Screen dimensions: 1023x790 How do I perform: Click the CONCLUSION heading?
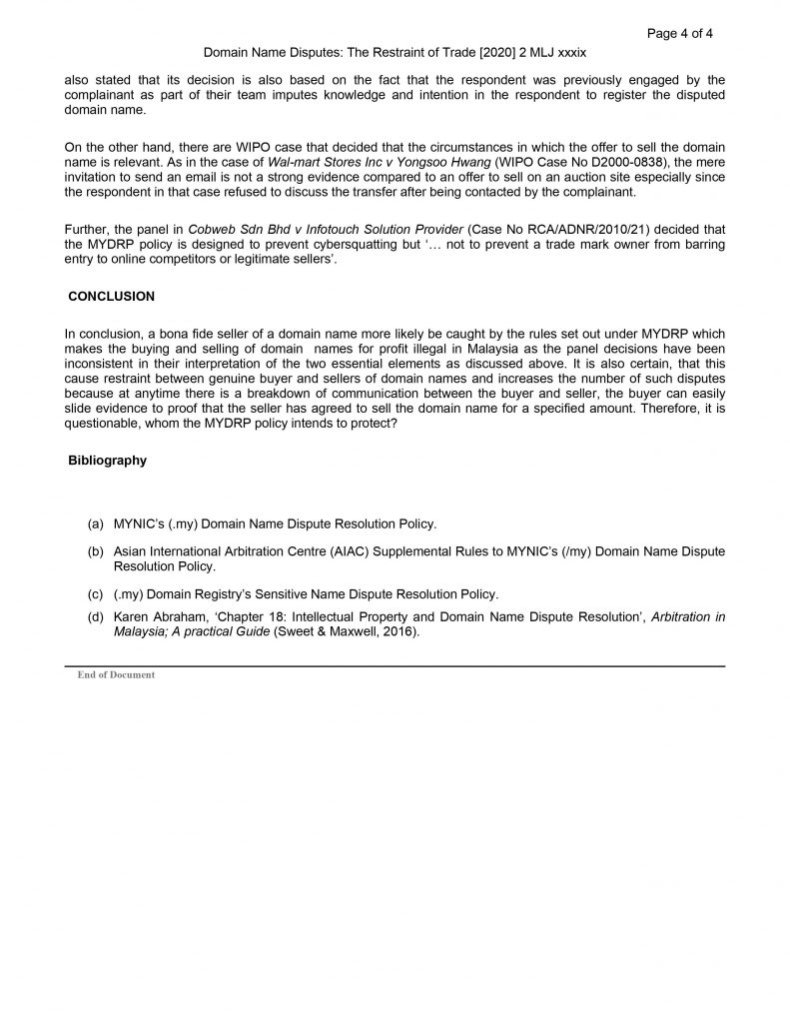point(111,297)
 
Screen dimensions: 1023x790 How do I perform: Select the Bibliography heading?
point(107,461)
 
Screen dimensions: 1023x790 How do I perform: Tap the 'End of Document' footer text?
point(116,675)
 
